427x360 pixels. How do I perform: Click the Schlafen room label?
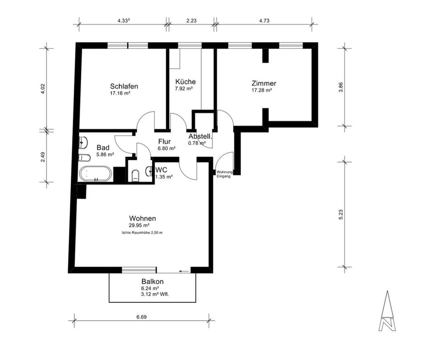(124, 86)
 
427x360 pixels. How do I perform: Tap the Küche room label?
(185, 82)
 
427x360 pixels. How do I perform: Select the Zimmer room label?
(263, 83)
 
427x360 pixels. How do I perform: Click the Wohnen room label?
(142, 218)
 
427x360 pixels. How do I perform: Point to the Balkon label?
(153, 281)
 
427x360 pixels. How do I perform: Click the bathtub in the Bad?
(96, 174)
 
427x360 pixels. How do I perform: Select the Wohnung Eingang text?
(223, 174)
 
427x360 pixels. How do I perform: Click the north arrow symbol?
(387, 311)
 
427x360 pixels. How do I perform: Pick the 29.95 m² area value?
(139, 225)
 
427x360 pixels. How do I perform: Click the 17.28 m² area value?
(262, 90)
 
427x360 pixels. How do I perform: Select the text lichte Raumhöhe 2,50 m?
(142, 233)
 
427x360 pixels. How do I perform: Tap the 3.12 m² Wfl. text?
(155, 294)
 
